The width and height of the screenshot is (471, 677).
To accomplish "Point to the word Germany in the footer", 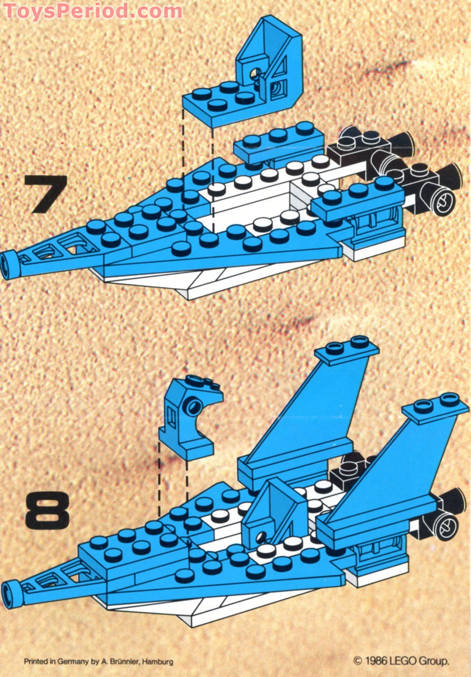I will coord(74,662).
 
